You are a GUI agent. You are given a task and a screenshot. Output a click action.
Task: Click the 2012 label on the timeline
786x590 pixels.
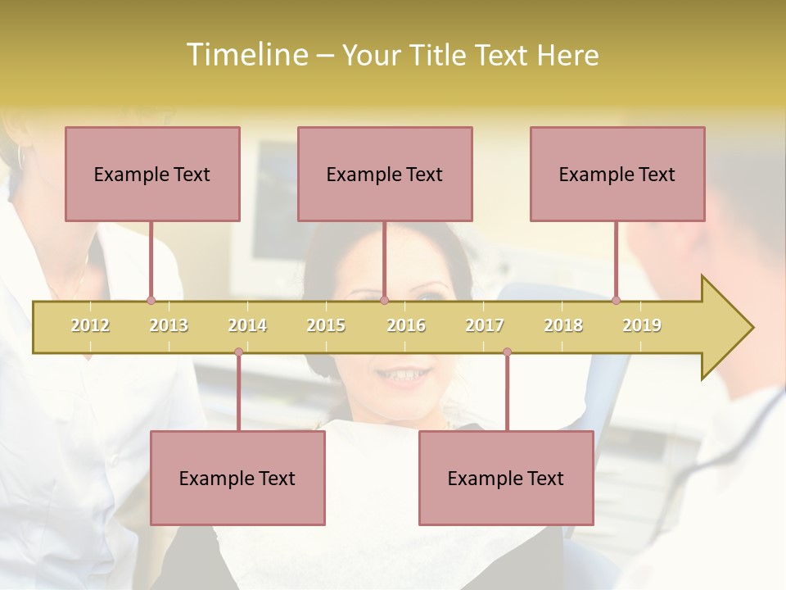(x=90, y=325)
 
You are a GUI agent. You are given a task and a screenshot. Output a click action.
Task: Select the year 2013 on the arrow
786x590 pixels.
(x=169, y=325)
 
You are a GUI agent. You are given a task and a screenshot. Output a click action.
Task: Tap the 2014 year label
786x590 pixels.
(x=247, y=325)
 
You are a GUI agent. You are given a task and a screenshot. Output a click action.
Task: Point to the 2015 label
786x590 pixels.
(x=326, y=325)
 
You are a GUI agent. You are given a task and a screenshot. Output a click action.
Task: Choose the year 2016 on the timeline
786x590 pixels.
(x=406, y=325)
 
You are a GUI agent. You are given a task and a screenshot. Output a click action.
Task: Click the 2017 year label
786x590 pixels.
(x=485, y=325)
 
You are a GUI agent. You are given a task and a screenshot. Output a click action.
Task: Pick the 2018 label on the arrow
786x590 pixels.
(x=563, y=325)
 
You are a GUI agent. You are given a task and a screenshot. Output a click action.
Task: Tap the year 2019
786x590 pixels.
(x=642, y=325)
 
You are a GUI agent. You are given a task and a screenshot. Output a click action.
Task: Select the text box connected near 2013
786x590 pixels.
(x=152, y=174)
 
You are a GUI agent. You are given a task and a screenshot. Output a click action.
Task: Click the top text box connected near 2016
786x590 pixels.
(x=385, y=174)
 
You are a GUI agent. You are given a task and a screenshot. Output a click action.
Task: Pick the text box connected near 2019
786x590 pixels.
(x=617, y=174)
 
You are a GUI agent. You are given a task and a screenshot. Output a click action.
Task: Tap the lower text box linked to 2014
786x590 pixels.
(x=237, y=478)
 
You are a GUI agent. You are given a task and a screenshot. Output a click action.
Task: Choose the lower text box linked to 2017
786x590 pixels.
(x=506, y=478)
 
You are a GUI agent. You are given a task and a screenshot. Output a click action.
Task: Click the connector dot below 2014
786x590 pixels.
(x=238, y=352)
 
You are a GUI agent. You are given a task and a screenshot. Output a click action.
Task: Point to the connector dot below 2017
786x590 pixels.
(x=507, y=352)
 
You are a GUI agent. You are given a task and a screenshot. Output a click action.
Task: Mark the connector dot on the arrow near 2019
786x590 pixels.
(x=616, y=300)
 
